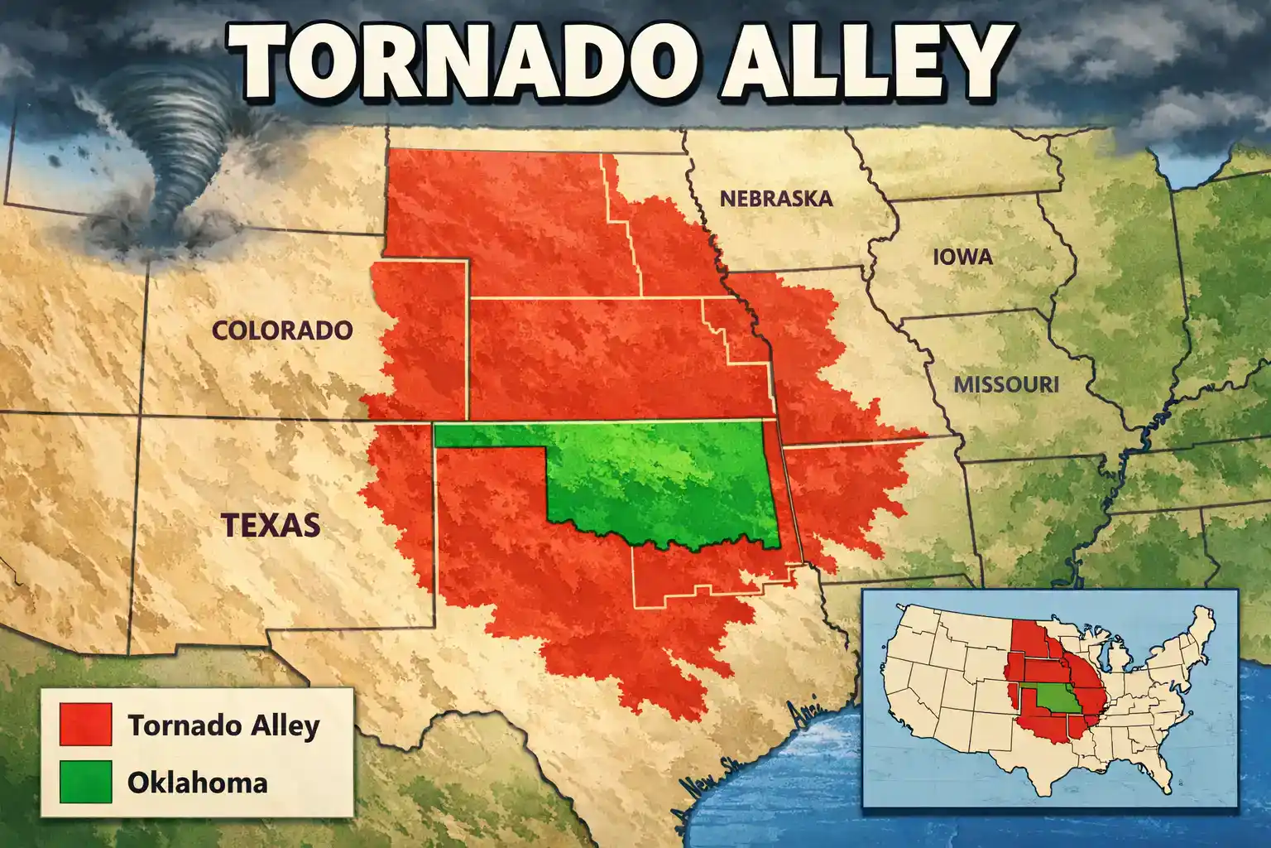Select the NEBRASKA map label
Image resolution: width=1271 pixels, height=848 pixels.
775,199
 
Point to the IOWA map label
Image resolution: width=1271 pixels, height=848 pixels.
962,257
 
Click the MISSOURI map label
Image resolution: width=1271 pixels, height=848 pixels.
1005,384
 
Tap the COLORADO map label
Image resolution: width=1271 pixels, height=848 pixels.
282,330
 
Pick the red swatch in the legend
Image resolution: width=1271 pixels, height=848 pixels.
85,725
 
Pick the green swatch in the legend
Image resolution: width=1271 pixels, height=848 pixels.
85,783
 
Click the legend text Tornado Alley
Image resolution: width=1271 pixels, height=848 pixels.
223,725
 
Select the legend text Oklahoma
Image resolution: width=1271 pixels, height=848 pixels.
197,783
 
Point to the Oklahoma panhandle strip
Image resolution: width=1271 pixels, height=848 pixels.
488,436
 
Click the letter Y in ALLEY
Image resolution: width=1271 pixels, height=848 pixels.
975,60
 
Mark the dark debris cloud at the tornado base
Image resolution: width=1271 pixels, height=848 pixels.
153,228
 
